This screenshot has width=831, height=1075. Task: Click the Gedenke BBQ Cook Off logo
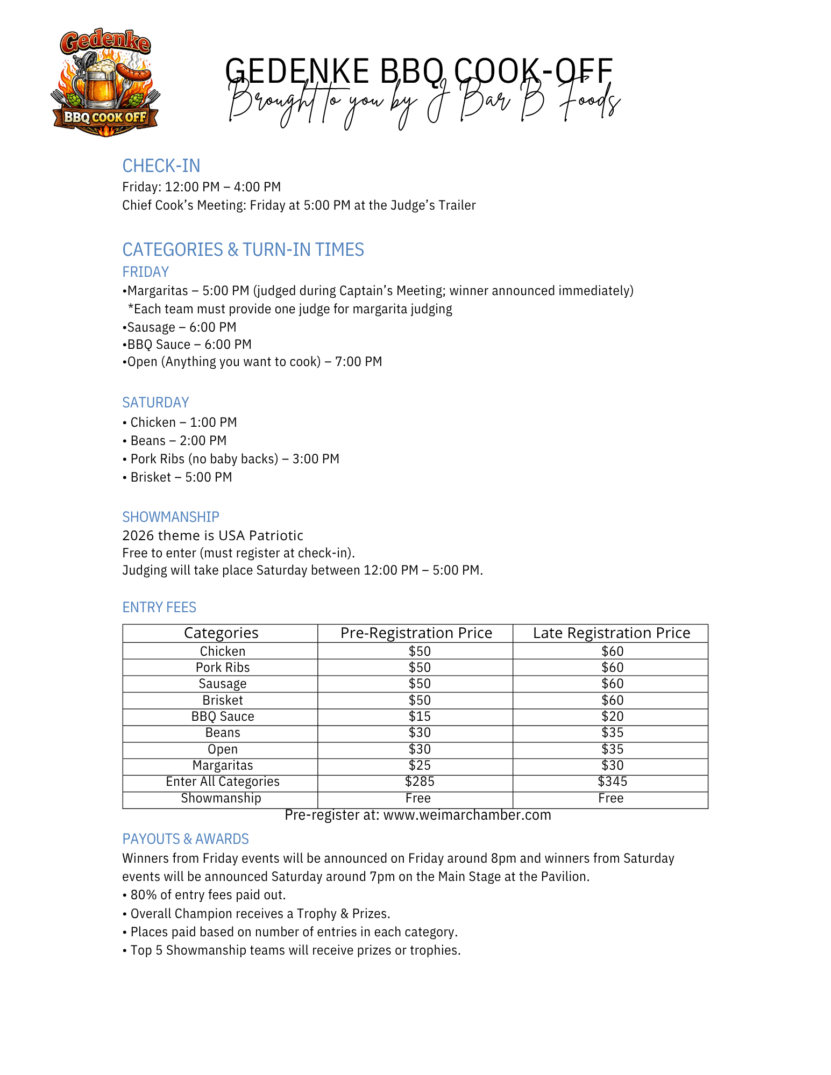[105, 82]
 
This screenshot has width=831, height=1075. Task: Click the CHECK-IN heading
[161, 166]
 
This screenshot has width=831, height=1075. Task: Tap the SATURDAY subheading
[155, 403]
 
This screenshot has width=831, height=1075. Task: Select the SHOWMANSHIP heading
[171, 517]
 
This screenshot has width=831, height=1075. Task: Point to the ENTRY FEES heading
[159, 607]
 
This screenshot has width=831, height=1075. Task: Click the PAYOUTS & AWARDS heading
[186, 839]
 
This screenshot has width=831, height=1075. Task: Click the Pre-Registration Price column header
[416, 633]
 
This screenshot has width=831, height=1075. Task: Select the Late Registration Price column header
[611, 633]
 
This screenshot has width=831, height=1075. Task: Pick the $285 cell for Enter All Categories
[420, 782]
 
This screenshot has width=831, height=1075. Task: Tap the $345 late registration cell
[612, 782]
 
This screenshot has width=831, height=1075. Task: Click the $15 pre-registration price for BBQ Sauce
[420, 716]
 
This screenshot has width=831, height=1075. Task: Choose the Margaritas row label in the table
[223, 765]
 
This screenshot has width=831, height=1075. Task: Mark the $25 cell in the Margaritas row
[420, 765]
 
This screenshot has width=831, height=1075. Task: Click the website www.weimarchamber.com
[467, 815]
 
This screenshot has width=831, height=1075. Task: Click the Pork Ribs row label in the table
[223, 668]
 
